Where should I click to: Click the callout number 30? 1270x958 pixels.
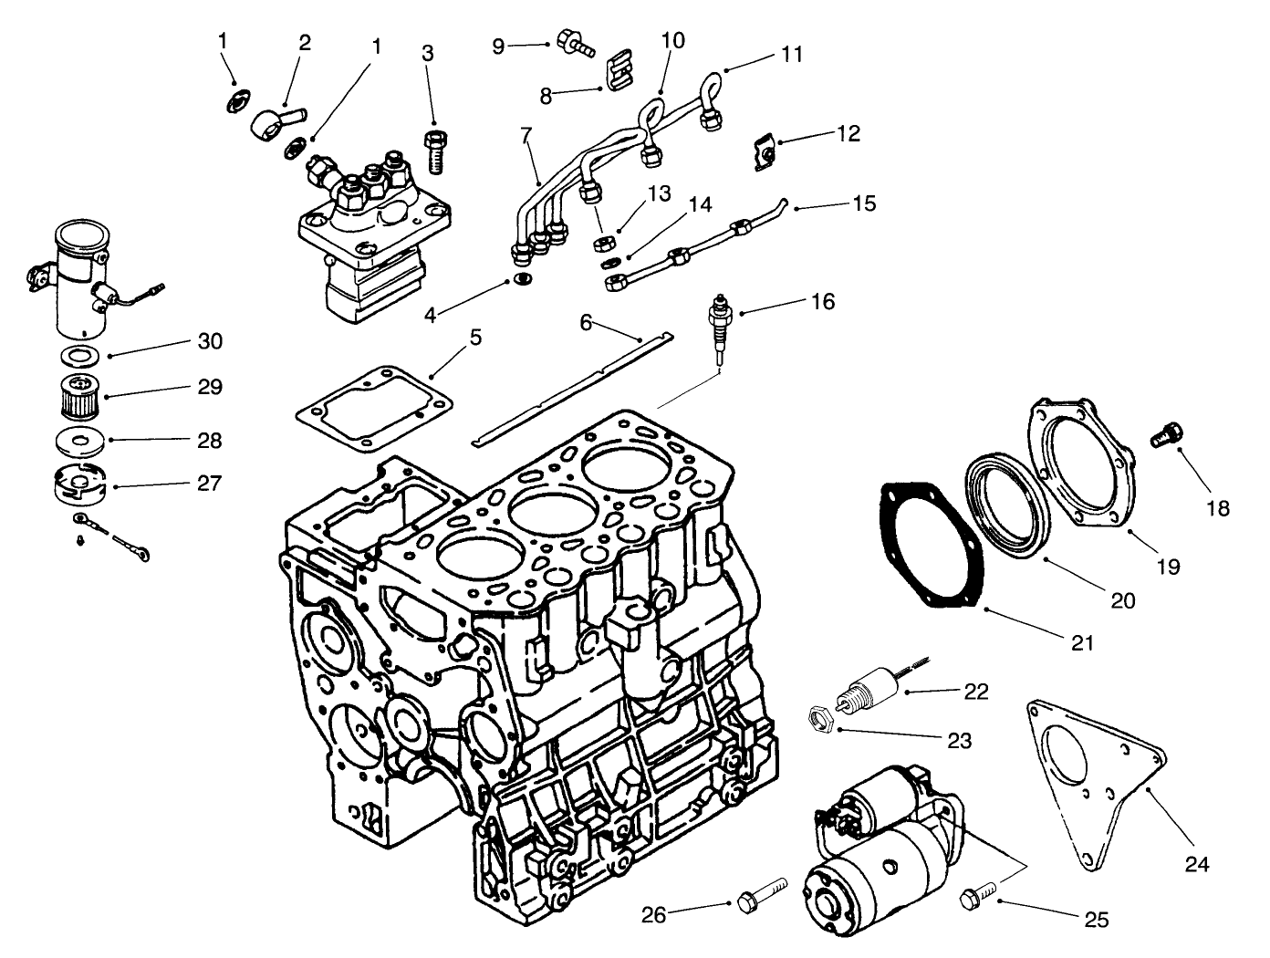210,340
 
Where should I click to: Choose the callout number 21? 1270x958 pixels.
1081,643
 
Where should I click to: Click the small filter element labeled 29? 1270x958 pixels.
81,398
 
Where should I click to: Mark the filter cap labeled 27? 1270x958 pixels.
79,484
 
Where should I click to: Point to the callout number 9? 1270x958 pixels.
498,45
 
